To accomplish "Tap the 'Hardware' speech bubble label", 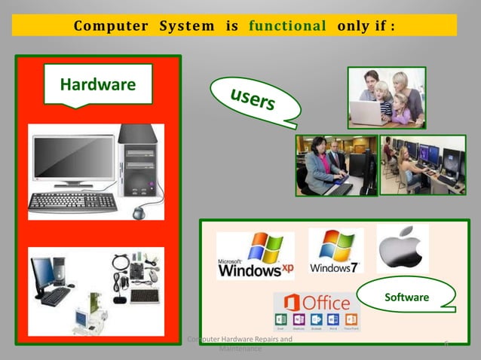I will (x=97, y=84).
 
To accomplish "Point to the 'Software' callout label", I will (x=406, y=297).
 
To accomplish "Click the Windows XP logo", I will (x=255, y=256).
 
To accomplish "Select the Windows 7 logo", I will (x=335, y=251).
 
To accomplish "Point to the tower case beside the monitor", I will (x=139, y=162).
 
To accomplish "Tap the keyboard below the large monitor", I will (x=73, y=201).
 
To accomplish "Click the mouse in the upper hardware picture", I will (x=139, y=212).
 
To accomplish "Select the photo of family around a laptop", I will (x=386, y=97).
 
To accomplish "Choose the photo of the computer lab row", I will (x=422, y=165).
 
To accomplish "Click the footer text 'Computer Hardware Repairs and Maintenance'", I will (x=240, y=344).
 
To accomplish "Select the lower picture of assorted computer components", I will (x=96, y=290).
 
